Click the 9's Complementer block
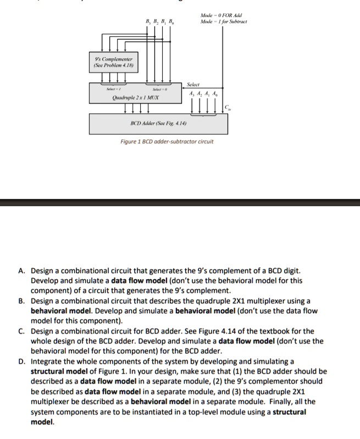(115, 62)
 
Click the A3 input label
(190, 93)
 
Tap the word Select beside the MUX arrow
(193, 85)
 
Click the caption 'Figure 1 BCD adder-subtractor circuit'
(167, 142)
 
